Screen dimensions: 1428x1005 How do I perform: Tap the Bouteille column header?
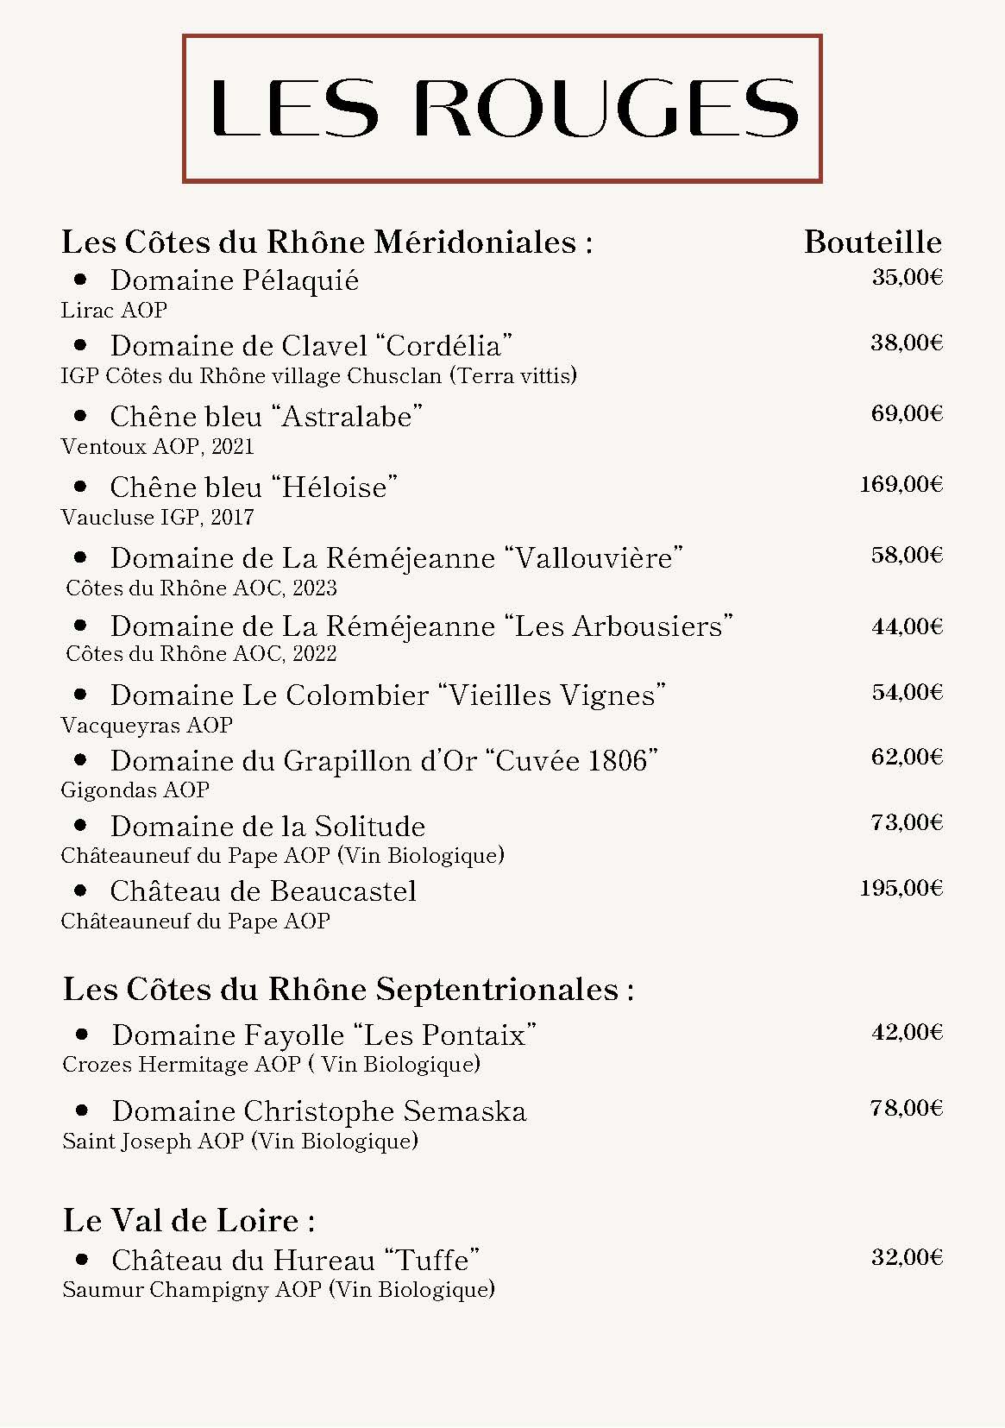[x=872, y=242]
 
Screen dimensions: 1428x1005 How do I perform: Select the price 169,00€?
[x=901, y=484]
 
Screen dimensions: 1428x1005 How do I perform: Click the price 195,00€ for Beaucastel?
[x=901, y=888]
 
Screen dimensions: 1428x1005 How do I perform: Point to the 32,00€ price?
[x=907, y=1257]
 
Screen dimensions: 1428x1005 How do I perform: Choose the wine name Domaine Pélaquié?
[x=234, y=280]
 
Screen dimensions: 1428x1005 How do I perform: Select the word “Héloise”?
[x=335, y=488]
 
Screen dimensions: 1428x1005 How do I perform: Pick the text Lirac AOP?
[x=114, y=310]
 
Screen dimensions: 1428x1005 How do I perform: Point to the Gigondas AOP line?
[x=135, y=789]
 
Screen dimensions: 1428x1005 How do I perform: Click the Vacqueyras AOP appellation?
[x=147, y=725]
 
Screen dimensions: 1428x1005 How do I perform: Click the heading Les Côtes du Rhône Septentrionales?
[x=348, y=989]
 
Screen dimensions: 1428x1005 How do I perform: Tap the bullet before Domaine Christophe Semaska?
[x=83, y=1110]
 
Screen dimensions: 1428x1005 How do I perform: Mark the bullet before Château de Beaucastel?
[x=81, y=890]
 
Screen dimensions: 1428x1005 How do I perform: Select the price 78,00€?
[x=907, y=1108]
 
